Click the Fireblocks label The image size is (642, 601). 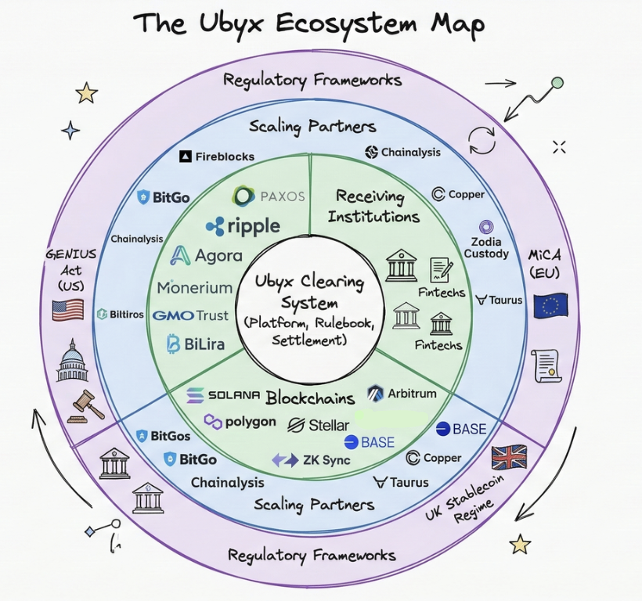(217, 157)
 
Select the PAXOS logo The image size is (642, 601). (269, 196)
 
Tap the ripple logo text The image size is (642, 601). (243, 226)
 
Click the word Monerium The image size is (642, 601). (195, 287)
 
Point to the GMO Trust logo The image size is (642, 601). (191, 315)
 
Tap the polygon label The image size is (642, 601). (240, 422)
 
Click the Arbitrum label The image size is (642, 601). (402, 394)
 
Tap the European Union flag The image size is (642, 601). (550, 305)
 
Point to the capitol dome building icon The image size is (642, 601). (72, 361)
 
